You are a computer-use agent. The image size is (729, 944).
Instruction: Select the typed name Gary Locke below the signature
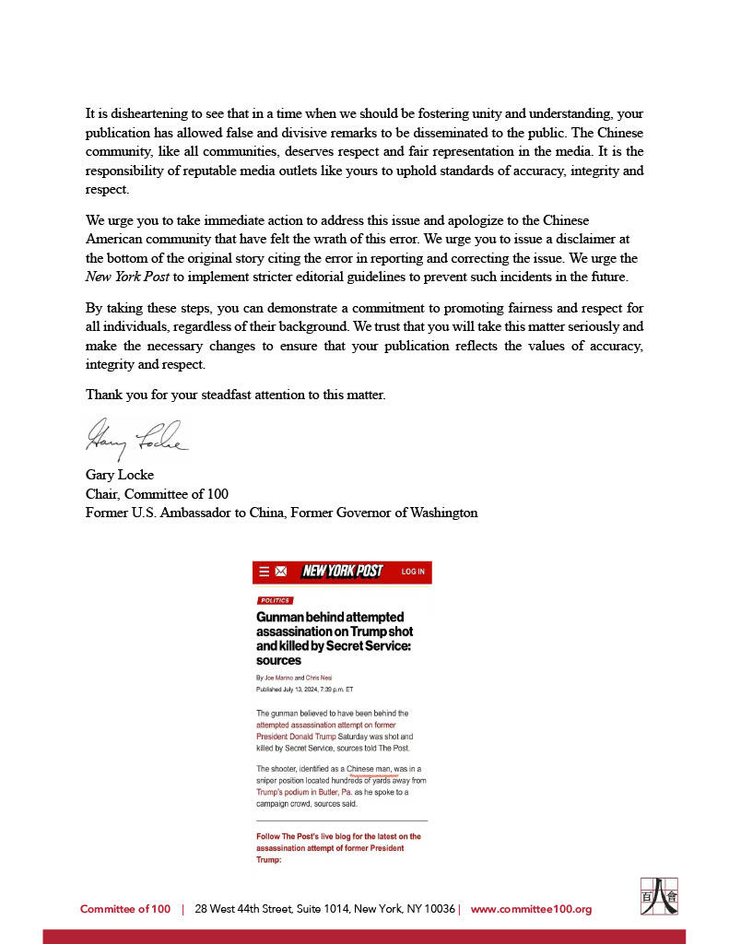click(120, 476)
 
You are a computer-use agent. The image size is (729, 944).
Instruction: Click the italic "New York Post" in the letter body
click(127, 277)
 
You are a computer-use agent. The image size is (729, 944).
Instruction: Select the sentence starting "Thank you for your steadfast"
click(235, 395)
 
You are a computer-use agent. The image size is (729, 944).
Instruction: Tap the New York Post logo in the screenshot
click(342, 572)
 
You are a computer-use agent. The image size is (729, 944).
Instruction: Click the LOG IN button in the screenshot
click(413, 572)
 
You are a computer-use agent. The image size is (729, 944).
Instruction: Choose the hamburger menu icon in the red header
click(265, 572)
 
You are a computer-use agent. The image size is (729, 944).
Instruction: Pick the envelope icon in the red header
click(281, 572)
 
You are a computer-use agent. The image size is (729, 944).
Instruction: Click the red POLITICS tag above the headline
click(275, 600)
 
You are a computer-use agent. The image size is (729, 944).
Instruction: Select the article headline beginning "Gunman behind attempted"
click(335, 638)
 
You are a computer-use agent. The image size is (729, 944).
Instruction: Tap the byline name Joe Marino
click(277, 678)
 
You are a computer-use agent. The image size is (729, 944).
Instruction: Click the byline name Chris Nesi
click(319, 678)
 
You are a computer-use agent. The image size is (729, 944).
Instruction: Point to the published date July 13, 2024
click(304, 690)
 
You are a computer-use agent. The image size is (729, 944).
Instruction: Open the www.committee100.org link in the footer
click(531, 909)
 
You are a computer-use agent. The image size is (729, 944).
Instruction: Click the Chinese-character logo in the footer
click(659, 896)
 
